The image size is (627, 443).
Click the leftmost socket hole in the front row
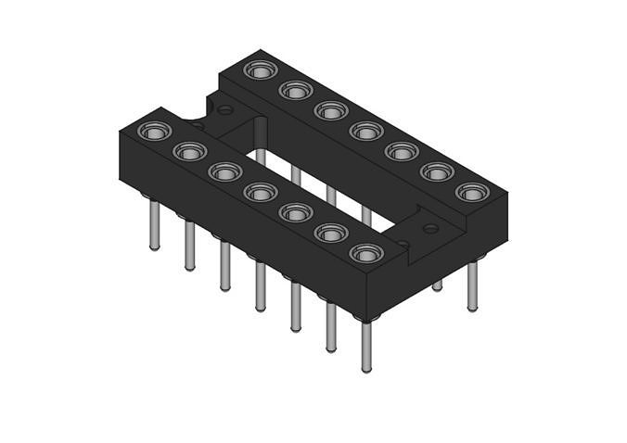[x=154, y=132]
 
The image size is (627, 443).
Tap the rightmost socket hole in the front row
[x=366, y=253]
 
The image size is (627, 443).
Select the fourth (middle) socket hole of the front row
[x=260, y=192]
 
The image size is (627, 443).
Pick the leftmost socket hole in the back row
[x=259, y=70]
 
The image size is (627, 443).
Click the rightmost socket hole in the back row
[x=472, y=192]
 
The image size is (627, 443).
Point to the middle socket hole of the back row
[x=366, y=131]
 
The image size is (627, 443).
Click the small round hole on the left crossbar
[x=224, y=110]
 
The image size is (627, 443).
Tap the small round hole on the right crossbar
[x=430, y=227]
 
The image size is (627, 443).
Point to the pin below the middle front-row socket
[x=261, y=287]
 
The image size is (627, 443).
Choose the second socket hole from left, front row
[x=189, y=151]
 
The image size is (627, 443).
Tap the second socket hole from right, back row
[x=437, y=171]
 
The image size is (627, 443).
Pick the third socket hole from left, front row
[x=224, y=171]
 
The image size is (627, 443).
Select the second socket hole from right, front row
[x=331, y=233]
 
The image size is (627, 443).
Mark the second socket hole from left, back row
[x=295, y=90]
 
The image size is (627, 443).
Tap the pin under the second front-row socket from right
[x=331, y=326]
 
